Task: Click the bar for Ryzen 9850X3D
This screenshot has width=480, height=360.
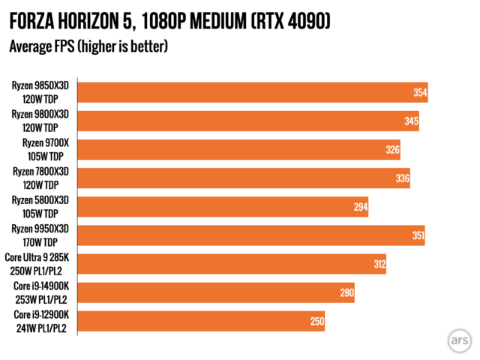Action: (x=252, y=92)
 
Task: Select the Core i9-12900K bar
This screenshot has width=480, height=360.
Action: (x=201, y=321)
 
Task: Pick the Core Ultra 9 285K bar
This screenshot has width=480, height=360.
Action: (x=231, y=264)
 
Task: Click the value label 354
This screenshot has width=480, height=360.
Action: (x=420, y=93)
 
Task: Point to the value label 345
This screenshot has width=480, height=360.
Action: (x=411, y=121)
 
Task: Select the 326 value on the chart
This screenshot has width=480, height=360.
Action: (x=392, y=150)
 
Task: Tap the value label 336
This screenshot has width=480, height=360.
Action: (x=402, y=178)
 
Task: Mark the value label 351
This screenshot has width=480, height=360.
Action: (x=417, y=235)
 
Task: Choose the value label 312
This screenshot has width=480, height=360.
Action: (x=378, y=264)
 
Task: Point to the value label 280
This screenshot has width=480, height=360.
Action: (x=346, y=292)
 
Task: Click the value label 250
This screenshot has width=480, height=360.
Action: (x=316, y=321)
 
